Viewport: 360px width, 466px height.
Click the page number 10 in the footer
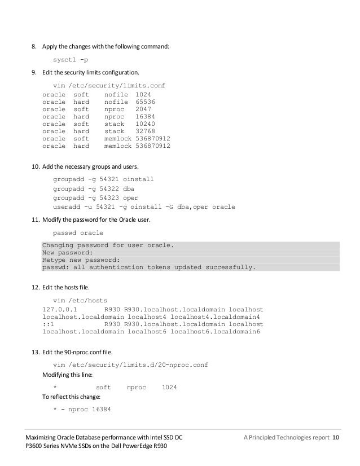[x=336, y=438]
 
